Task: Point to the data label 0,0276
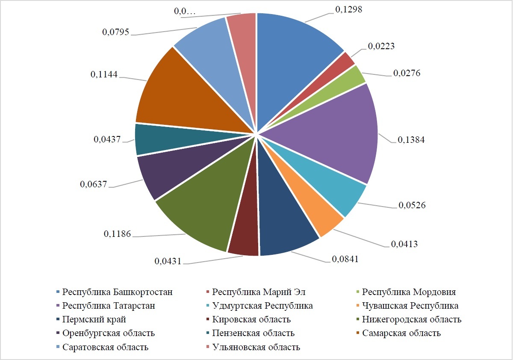pyautogui.click(x=407, y=73)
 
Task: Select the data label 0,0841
pyautogui.click(x=345, y=259)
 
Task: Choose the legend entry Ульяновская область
pyautogui.click(x=256, y=347)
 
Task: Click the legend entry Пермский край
pyautogui.click(x=94, y=320)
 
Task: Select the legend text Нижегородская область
pyautogui.click(x=412, y=320)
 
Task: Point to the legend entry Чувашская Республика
pyautogui.click(x=410, y=306)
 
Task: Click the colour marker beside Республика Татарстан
pyautogui.click(x=58, y=306)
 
